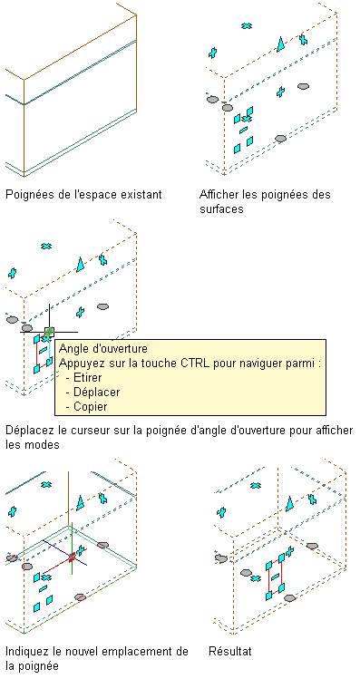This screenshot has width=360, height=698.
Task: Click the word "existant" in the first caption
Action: (142, 195)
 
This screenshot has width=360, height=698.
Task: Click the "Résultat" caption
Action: (230, 651)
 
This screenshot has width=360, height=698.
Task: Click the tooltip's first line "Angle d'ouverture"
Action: (102, 347)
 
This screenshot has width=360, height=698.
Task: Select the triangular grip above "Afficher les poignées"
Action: (281, 44)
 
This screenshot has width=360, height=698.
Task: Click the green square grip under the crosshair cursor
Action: (50, 332)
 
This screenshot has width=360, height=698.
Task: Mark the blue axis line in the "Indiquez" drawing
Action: (64, 553)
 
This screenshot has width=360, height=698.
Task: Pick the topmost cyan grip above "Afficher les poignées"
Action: (247, 25)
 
